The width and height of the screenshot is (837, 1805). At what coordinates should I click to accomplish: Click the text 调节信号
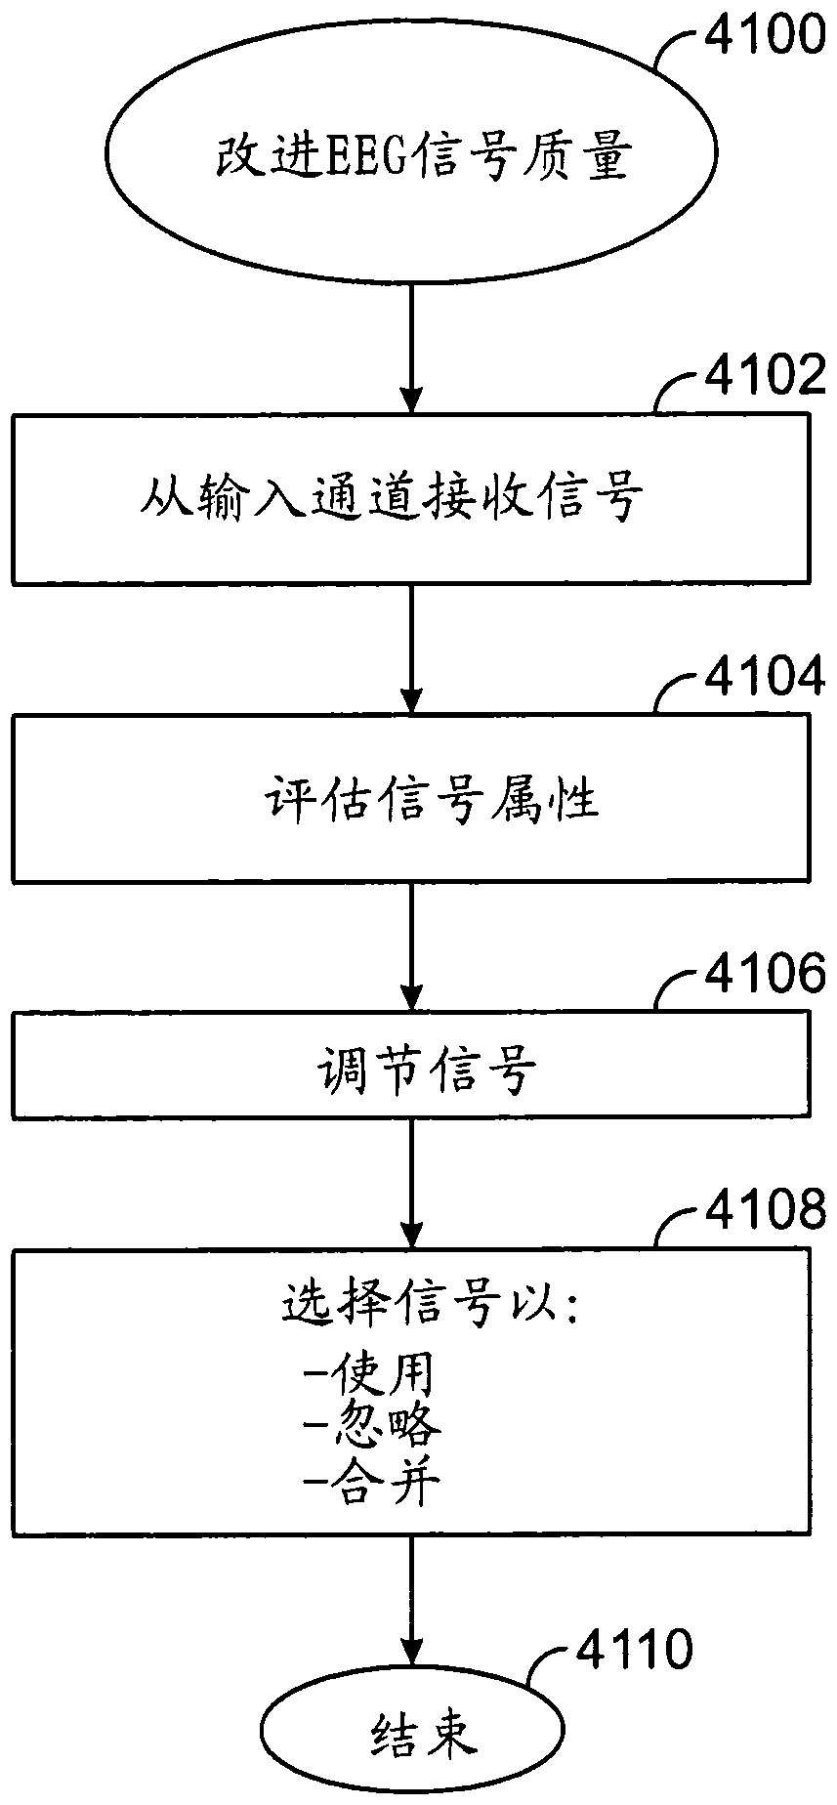tap(428, 1070)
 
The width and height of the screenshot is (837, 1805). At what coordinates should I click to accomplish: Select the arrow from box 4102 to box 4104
tap(411, 649)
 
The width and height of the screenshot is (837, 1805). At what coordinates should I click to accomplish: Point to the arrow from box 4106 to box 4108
tap(411, 1183)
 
